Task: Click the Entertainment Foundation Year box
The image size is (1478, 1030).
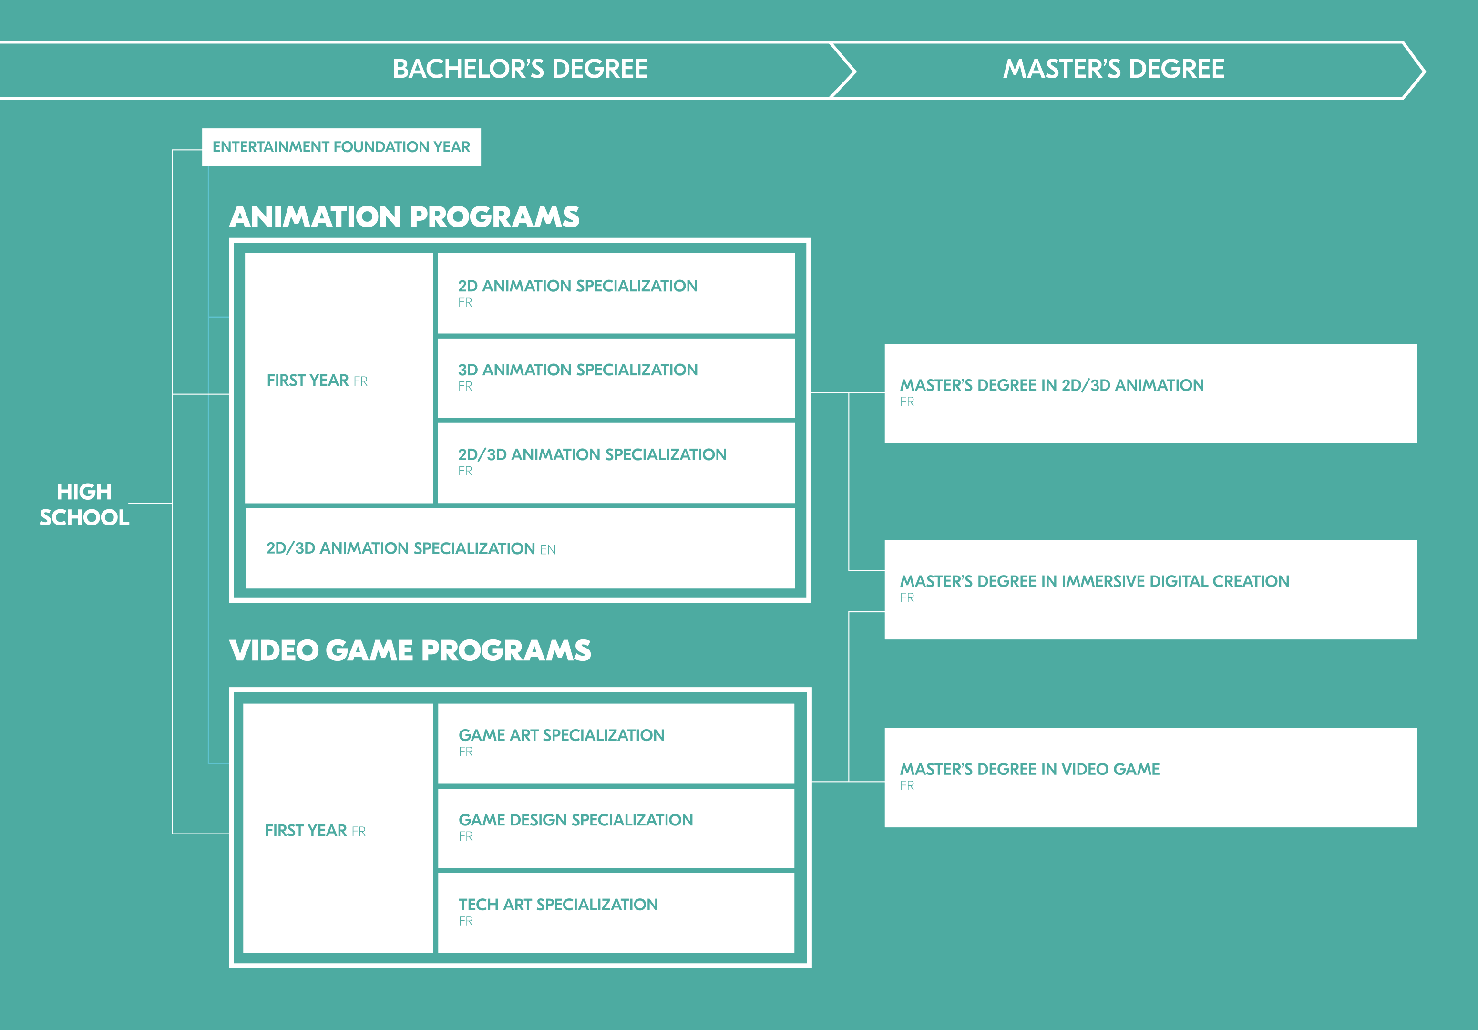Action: tap(341, 147)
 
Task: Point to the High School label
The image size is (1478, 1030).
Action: tap(84, 505)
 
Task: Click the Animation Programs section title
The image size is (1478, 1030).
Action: tap(404, 217)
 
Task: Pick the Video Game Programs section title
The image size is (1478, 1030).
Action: tap(410, 651)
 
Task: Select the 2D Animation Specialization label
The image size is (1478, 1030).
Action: tap(578, 286)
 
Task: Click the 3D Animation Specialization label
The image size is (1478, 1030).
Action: tap(578, 370)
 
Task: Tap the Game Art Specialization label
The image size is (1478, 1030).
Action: tap(561, 735)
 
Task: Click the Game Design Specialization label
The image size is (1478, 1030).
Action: tap(575, 820)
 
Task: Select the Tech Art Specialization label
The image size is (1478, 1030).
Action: tap(558, 905)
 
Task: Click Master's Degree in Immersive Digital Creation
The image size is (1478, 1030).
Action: tap(1094, 581)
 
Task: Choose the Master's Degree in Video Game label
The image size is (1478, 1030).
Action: tap(1030, 769)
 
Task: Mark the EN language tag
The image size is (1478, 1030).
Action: tap(548, 550)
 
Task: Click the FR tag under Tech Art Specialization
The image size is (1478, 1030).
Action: tap(465, 921)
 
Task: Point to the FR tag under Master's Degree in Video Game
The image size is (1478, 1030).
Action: tap(907, 785)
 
